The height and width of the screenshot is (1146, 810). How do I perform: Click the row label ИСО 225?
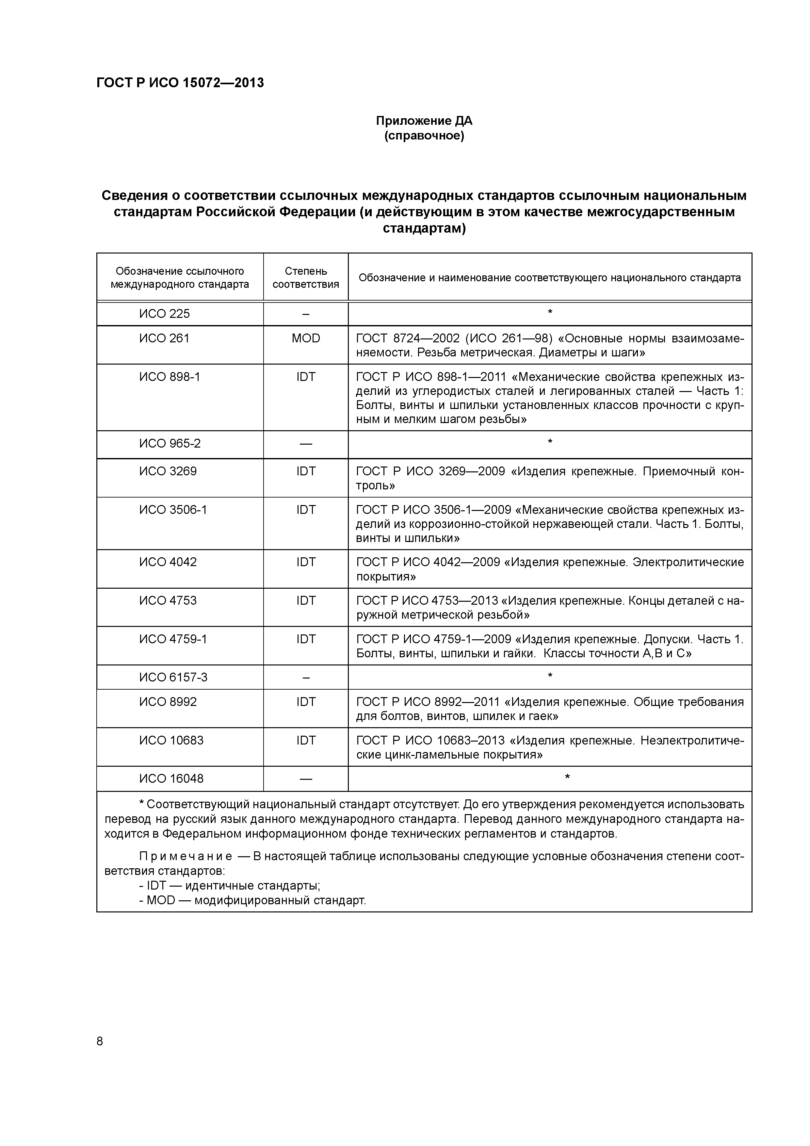(164, 314)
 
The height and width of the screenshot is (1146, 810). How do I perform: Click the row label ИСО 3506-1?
(173, 510)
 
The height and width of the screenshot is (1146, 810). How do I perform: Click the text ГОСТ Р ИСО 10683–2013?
(432, 741)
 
